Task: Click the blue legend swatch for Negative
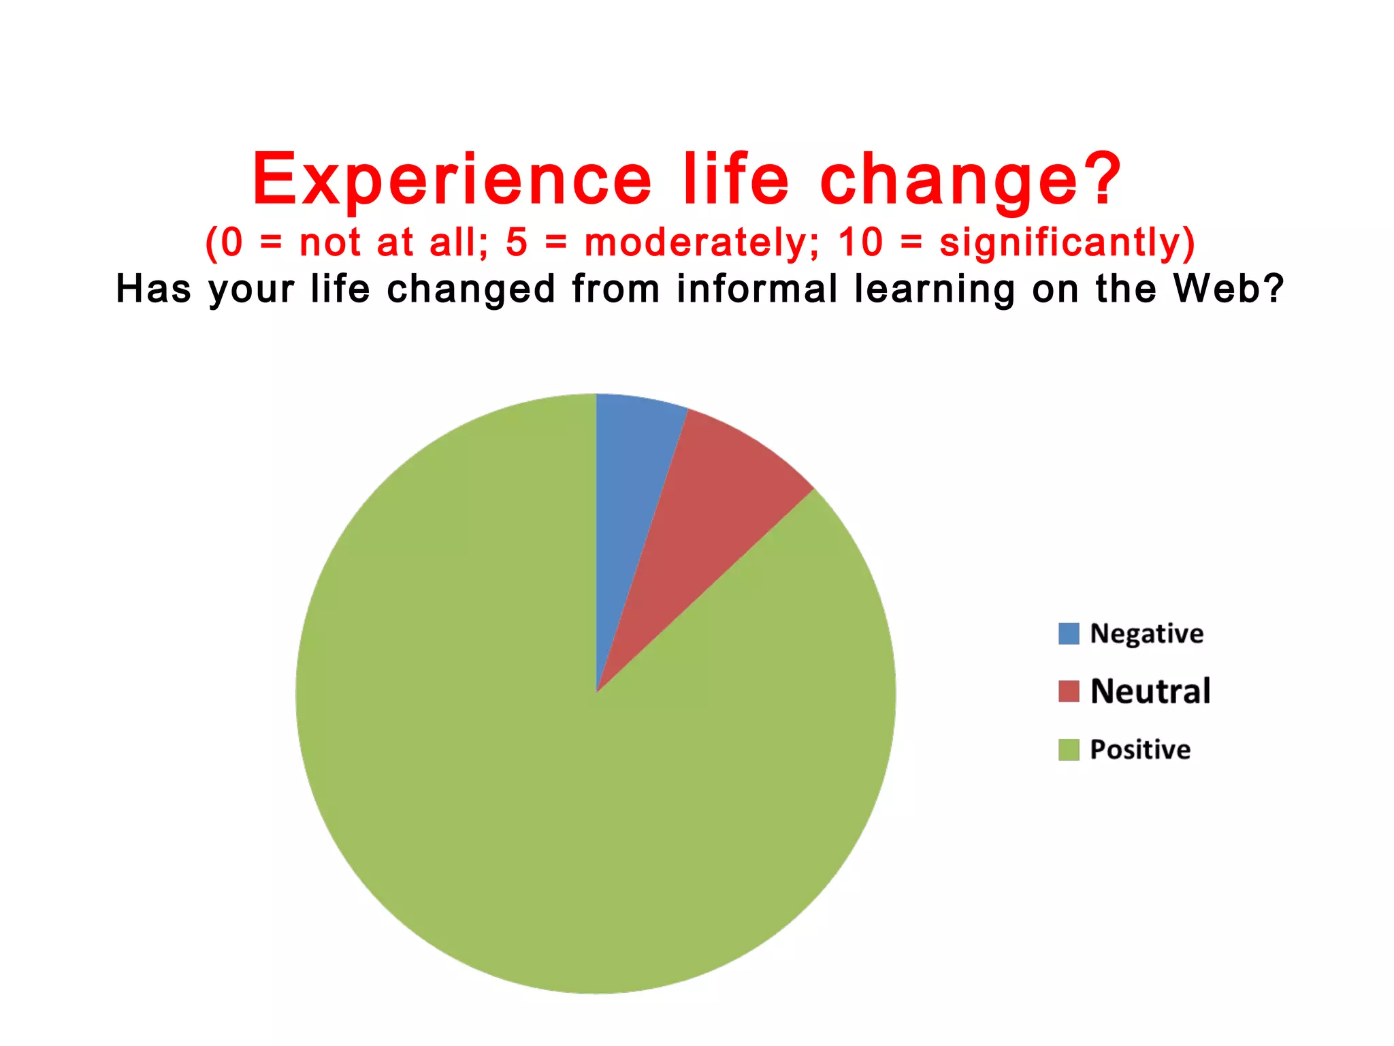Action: tap(1069, 634)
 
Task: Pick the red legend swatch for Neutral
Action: tap(1069, 691)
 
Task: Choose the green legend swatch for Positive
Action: tap(1069, 750)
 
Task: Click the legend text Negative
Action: tap(1147, 634)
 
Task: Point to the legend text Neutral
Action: tap(1150, 691)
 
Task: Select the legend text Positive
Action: tap(1141, 750)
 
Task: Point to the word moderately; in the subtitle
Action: tap(702, 243)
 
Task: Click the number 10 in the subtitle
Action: tap(860, 242)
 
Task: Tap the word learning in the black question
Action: tap(935, 290)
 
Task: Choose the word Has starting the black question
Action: tap(154, 289)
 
